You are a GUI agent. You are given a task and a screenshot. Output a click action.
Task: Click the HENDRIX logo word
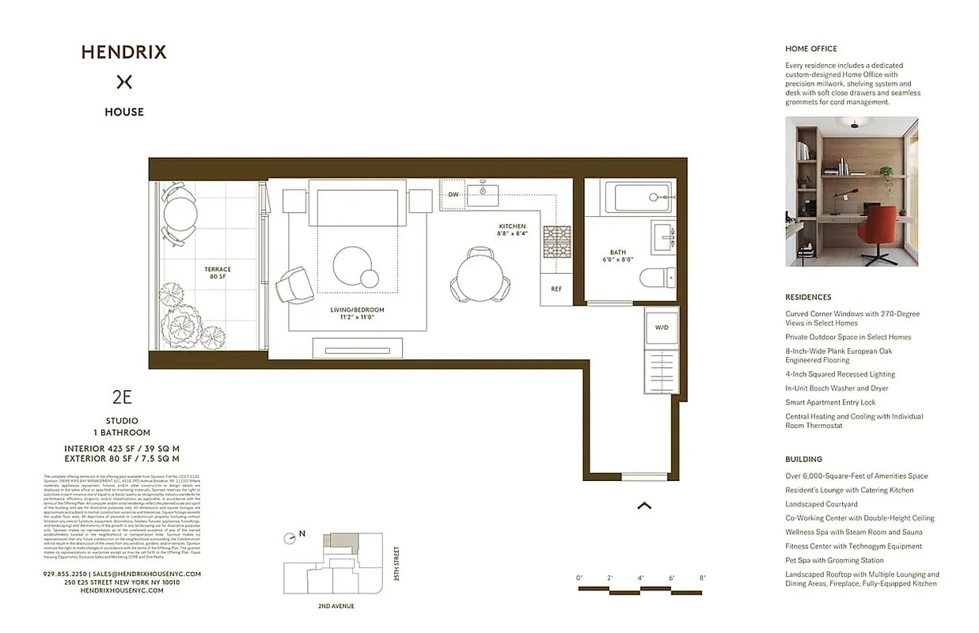[x=123, y=52]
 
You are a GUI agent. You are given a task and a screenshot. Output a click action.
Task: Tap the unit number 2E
[x=122, y=398]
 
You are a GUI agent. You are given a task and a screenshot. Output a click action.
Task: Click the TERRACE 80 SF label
[x=218, y=273]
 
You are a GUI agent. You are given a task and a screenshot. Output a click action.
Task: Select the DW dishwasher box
[x=453, y=195]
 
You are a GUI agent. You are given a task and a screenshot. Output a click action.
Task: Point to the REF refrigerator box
[x=556, y=289]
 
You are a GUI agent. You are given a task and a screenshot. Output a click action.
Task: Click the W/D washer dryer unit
[x=662, y=327]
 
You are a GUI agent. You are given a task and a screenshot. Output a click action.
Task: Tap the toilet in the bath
[x=658, y=278]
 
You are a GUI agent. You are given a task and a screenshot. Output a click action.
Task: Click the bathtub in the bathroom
[x=639, y=197]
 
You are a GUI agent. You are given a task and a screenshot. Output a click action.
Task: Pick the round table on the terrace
[x=180, y=211]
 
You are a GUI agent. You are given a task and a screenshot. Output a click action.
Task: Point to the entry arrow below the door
[x=644, y=505]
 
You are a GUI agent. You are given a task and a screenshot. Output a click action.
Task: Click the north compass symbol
[x=290, y=537]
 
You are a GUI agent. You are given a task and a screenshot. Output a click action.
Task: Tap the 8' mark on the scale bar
[x=702, y=578]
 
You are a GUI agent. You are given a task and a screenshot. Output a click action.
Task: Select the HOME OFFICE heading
[x=810, y=49]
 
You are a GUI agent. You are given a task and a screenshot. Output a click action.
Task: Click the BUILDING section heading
[x=803, y=459]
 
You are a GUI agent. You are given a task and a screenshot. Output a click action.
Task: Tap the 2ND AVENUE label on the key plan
[x=330, y=606]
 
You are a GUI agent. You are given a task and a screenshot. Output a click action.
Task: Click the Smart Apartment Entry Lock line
[x=830, y=402]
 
